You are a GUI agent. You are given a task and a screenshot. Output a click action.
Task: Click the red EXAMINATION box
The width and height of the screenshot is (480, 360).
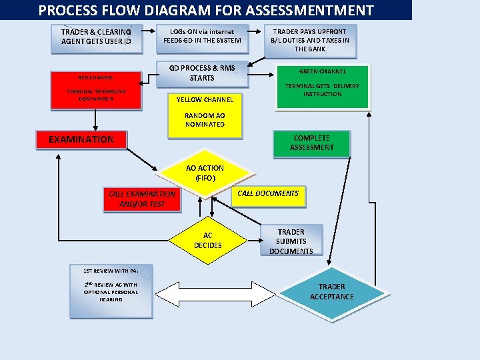tap(81, 140)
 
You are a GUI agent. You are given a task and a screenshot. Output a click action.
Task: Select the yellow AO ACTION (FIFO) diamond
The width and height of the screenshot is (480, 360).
tap(205, 173)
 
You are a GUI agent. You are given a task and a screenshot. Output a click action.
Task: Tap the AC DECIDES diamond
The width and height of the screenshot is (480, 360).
tap(208, 240)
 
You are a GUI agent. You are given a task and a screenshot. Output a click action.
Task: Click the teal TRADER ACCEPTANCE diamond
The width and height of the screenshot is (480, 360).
tap(332, 294)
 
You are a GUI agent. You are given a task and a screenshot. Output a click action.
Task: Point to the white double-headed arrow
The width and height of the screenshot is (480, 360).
tap(215, 294)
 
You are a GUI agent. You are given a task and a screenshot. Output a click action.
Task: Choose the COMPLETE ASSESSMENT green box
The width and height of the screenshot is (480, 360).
tap(311, 144)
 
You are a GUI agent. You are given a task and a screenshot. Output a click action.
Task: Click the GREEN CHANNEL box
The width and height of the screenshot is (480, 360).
tap(323, 87)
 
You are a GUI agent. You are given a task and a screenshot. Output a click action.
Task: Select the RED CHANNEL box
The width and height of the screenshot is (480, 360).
tap(96, 91)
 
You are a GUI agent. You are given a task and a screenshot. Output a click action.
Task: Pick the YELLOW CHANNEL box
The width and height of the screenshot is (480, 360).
tap(205, 116)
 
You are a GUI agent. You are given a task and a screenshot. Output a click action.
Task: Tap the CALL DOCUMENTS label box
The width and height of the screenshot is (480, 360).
tap(268, 196)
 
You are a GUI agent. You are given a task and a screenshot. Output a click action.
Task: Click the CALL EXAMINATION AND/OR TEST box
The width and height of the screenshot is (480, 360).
tap(142, 199)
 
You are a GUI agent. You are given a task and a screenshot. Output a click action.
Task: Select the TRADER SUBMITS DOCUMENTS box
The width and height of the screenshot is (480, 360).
tap(291, 240)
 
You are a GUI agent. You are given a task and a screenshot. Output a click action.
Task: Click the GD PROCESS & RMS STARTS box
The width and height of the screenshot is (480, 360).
tap(203, 74)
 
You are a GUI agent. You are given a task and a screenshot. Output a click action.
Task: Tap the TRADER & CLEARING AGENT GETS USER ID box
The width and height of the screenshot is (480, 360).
tap(97, 39)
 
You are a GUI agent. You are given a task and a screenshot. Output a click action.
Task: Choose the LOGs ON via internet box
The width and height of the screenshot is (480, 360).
tap(203, 39)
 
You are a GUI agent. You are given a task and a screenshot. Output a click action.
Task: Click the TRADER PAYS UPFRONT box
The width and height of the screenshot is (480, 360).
tap(311, 41)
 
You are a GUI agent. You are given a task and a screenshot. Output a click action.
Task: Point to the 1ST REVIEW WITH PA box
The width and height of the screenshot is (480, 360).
tap(111, 291)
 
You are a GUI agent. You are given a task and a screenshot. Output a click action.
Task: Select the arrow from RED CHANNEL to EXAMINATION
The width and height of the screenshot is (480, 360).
tap(95, 120)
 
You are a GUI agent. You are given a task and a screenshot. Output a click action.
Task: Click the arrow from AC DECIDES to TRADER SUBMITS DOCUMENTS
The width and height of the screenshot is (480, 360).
tap(255, 240)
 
